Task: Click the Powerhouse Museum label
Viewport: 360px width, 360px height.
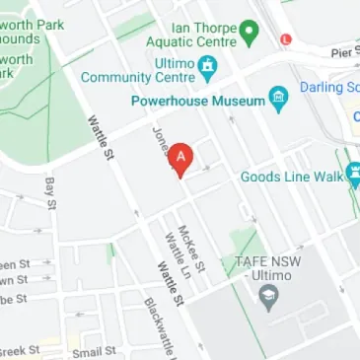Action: pos(197,101)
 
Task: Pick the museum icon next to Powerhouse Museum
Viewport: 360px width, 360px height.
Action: pos(278,100)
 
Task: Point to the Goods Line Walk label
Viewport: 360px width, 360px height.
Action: pos(291,178)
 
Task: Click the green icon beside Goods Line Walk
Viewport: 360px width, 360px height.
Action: pos(354,179)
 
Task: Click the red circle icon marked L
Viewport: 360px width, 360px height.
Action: pos(286,38)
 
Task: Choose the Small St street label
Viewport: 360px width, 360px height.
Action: pos(94,351)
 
